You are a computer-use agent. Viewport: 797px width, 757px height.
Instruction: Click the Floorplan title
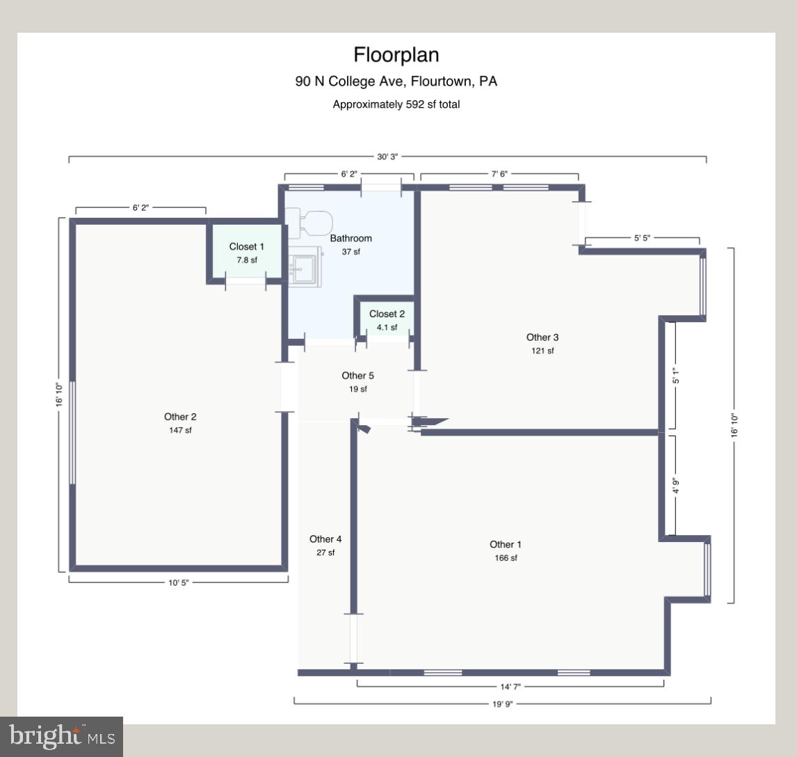coord(396,55)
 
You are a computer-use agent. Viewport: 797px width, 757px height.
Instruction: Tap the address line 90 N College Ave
coord(396,81)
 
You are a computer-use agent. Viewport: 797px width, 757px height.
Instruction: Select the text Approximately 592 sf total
coord(396,105)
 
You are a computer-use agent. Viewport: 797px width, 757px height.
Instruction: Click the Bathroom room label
coord(351,239)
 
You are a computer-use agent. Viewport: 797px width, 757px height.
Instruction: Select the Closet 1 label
coord(246,247)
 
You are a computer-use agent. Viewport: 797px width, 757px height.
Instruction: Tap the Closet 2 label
coord(387,314)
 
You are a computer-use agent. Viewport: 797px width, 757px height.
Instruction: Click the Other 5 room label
coord(358,376)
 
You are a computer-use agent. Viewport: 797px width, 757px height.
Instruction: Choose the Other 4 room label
coord(325,539)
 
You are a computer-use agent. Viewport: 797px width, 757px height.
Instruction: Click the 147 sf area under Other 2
coord(180,430)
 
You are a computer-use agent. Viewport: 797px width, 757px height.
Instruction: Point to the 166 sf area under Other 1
coord(505,558)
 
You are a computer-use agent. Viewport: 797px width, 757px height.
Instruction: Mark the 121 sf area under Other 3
coord(542,351)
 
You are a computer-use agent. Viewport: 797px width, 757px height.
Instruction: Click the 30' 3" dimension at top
coord(387,157)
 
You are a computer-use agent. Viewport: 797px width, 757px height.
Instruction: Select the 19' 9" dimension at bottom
coord(502,703)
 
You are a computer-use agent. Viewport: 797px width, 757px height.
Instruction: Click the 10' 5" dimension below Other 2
coord(178,582)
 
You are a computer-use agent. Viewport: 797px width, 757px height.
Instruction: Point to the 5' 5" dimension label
coord(642,238)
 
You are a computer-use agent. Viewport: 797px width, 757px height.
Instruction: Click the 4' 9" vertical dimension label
coord(675,485)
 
